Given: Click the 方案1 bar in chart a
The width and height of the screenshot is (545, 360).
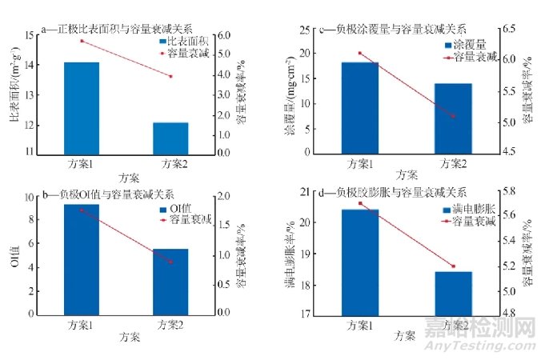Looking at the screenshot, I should pos(82,107).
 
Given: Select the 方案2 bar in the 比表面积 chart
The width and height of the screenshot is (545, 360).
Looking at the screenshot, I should pos(170,137).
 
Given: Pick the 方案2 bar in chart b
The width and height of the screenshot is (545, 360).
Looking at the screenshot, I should pos(170,281).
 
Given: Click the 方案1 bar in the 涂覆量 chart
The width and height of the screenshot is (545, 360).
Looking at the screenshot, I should pos(359,107).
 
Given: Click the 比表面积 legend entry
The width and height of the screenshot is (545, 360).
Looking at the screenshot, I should pos(183,41).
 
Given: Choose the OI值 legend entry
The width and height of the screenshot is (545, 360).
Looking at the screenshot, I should pos(184,209).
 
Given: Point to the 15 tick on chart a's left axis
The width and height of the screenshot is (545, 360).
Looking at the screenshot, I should pos(30,35).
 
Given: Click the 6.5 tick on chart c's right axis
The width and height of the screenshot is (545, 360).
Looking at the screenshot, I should pos(510,30).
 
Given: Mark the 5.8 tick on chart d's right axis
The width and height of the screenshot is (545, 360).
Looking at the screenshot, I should pos(509,193).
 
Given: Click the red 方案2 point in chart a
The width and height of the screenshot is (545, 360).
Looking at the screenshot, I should pos(170,76).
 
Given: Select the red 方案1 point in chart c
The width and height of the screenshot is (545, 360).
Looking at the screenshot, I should pos(359,54).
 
